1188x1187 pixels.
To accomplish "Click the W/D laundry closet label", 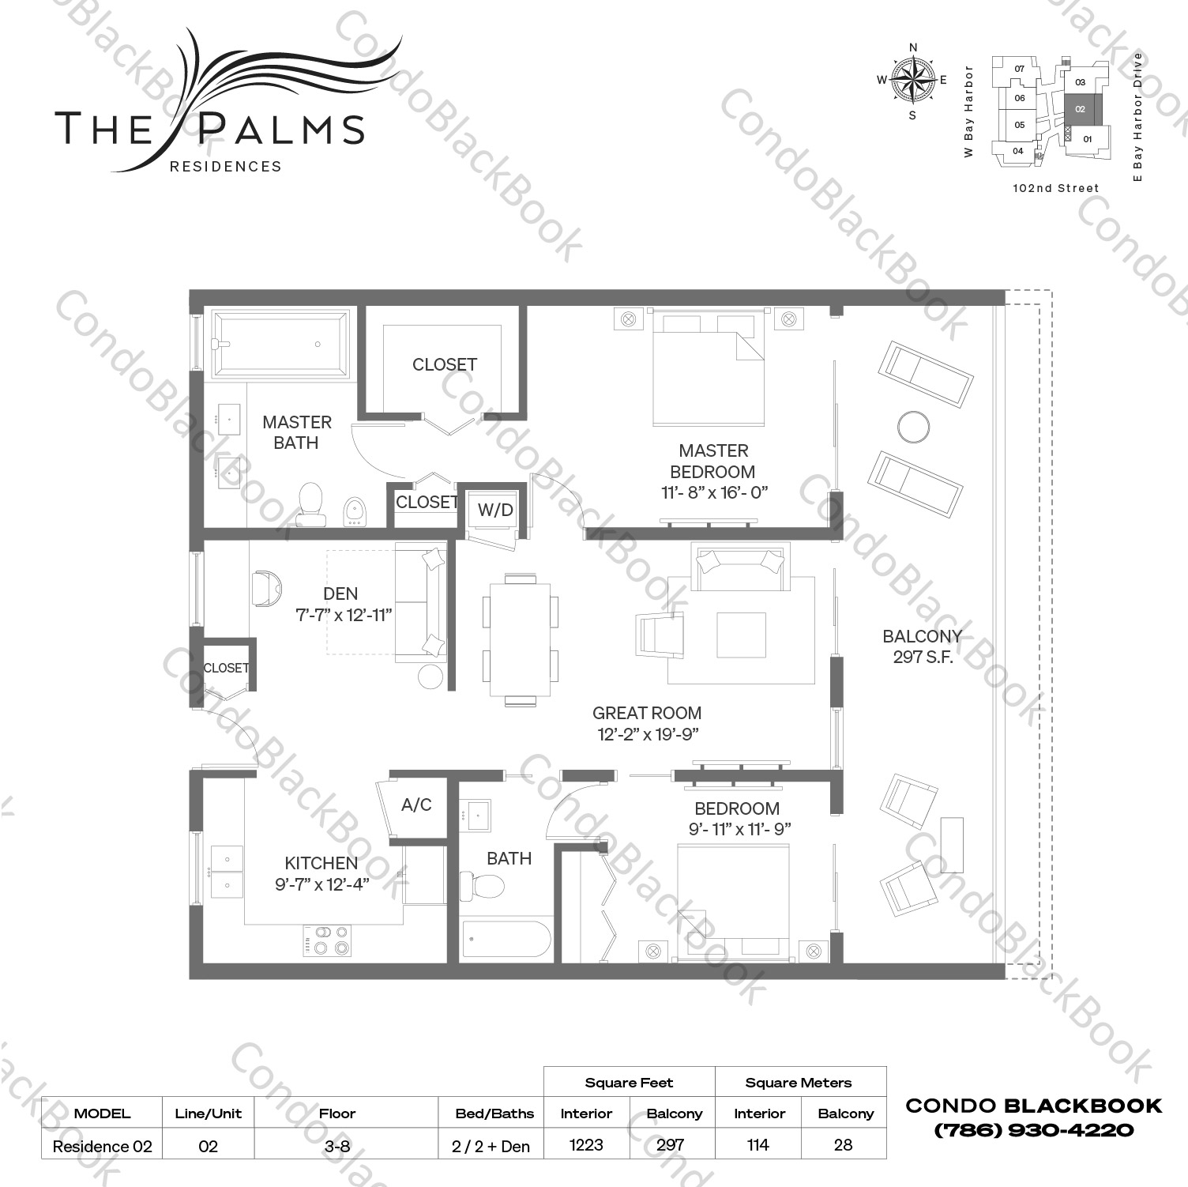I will (x=495, y=510).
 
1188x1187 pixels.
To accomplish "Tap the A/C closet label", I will (x=416, y=805).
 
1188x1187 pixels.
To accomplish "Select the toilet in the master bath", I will (x=310, y=503).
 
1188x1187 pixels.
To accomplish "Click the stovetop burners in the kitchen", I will (x=327, y=940).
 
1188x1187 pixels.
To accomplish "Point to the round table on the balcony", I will (x=913, y=427).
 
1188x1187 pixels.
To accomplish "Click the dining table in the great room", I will (x=520, y=639).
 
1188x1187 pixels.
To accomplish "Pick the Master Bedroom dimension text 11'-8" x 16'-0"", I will (x=714, y=492).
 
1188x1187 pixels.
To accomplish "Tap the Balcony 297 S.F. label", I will (x=922, y=646).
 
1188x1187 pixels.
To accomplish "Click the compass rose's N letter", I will (x=913, y=47).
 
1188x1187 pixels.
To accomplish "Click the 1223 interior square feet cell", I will (x=586, y=1145).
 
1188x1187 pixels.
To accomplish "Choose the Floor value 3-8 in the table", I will (x=336, y=1146).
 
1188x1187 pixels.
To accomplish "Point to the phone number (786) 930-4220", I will (x=1033, y=1130).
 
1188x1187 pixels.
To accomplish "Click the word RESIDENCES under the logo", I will (x=226, y=167).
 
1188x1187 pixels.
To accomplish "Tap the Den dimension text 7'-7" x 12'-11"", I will (x=344, y=615).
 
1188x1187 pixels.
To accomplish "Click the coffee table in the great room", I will (x=741, y=635).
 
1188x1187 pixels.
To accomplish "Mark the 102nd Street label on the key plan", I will (x=1055, y=188).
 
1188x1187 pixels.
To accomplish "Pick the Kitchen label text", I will (x=321, y=863).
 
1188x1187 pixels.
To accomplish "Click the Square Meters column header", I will (x=798, y=1083).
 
